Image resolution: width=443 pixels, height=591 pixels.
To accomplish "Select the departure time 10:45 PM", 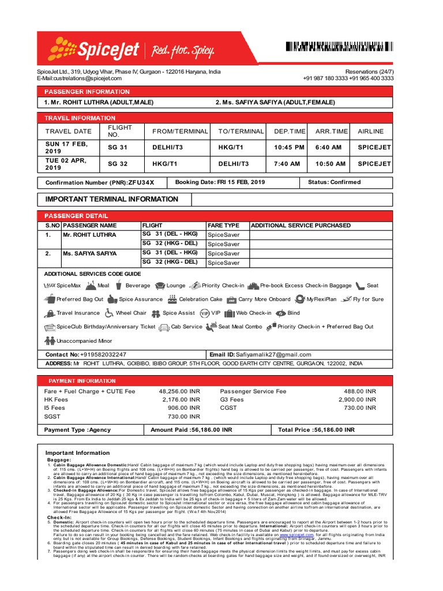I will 289,147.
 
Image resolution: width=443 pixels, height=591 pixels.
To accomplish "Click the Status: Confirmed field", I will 335,182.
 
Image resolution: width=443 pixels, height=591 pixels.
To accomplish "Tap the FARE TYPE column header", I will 223,225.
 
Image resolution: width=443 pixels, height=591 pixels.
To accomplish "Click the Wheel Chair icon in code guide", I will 108,313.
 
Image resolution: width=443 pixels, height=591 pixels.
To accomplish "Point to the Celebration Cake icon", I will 172,300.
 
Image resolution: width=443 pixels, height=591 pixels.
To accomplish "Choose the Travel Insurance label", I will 78,313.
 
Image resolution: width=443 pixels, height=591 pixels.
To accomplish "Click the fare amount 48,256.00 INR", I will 179,391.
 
